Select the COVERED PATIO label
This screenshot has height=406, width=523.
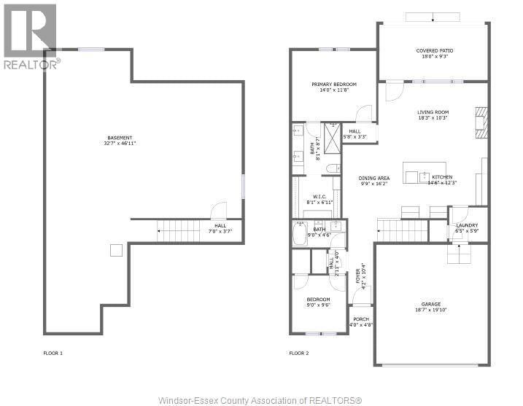click(433, 51)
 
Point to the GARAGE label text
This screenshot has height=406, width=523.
click(430, 304)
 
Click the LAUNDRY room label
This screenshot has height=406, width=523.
click(467, 225)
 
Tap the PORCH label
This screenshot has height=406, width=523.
click(361, 319)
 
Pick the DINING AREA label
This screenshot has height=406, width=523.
click(374, 178)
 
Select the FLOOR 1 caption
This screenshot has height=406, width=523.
click(53, 353)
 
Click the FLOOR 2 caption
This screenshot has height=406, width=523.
click(299, 353)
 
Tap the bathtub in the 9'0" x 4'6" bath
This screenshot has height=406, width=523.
click(300, 235)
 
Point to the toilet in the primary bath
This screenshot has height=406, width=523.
click(332, 168)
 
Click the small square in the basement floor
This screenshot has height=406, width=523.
click(115, 250)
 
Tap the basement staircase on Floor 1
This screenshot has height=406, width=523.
click(179, 232)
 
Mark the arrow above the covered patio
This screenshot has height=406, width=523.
click(432, 17)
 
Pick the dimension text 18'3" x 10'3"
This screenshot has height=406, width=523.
click(433, 117)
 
